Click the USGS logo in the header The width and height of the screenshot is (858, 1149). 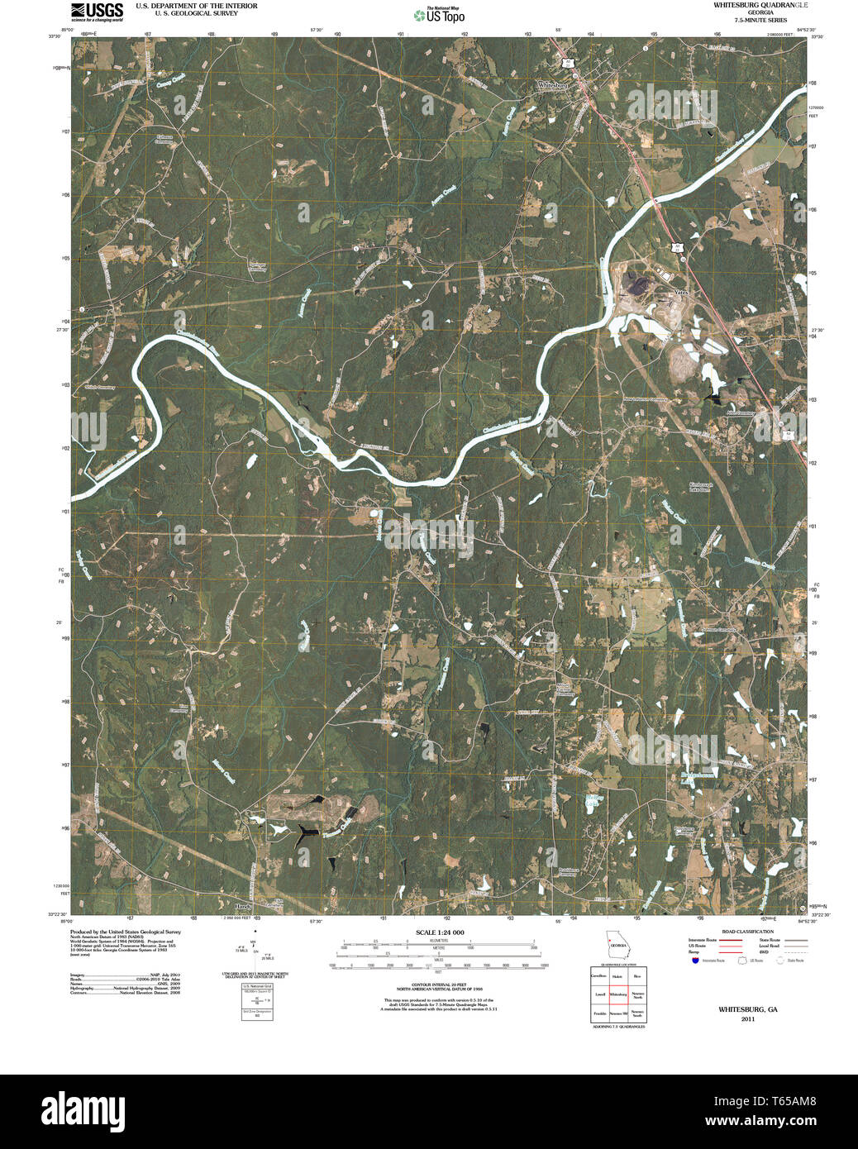click(x=97, y=12)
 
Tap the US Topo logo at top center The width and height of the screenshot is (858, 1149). click(x=439, y=15)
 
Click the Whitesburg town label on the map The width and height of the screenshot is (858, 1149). click(x=552, y=85)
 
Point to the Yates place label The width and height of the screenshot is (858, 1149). click(x=681, y=293)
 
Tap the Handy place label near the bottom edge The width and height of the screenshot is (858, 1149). click(x=242, y=906)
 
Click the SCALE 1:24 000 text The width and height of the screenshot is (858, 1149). click(x=440, y=932)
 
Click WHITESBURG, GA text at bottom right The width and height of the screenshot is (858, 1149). click(x=747, y=1009)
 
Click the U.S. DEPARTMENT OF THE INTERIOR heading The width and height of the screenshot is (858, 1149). click(x=196, y=6)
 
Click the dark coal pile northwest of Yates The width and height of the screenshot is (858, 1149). click(x=636, y=284)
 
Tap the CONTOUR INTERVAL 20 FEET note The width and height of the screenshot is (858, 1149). click(x=439, y=985)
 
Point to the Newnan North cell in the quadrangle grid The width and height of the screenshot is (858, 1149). click(x=637, y=994)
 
